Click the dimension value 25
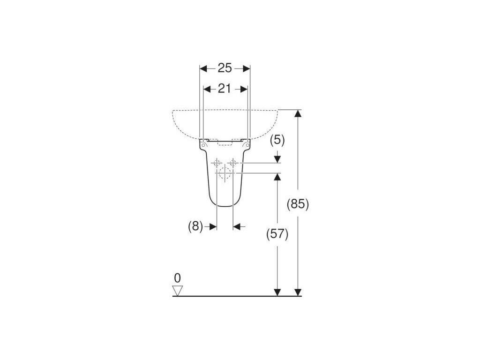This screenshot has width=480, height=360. tap(225, 68)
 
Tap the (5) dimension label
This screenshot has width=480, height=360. tap(277, 141)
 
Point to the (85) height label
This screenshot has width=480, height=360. tap(298, 203)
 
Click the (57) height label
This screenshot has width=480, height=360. tap(277, 234)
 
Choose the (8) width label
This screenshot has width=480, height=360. tap(195, 227)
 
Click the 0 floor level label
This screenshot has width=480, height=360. tap(177, 278)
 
